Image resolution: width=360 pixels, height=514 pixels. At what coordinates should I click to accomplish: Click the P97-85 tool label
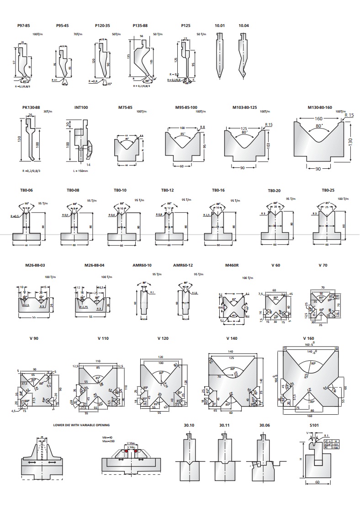point(23,26)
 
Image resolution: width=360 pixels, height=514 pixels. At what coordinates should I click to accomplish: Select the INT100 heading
point(81,107)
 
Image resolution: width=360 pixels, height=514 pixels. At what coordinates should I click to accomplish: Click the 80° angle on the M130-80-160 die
point(319,125)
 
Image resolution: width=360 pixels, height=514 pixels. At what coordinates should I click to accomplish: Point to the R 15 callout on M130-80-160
point(349,115)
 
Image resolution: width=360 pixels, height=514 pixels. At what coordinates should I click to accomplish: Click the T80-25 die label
point(328,190)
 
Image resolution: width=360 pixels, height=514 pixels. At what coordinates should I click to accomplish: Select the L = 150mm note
point(80,171)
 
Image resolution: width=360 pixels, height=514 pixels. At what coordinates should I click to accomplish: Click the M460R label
point(233,265)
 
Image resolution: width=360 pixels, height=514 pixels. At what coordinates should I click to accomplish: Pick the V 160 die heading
point(309,338)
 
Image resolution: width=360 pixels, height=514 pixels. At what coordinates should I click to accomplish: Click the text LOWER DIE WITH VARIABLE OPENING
point(81,425)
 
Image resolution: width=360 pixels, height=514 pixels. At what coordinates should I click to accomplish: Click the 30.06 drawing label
point(265,425)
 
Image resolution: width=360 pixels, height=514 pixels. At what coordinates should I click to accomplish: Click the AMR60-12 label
point(183,265)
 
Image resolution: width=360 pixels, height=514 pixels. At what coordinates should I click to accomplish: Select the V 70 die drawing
point(324,304)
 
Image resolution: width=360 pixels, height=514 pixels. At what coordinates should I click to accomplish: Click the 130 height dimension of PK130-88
point(20,139)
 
